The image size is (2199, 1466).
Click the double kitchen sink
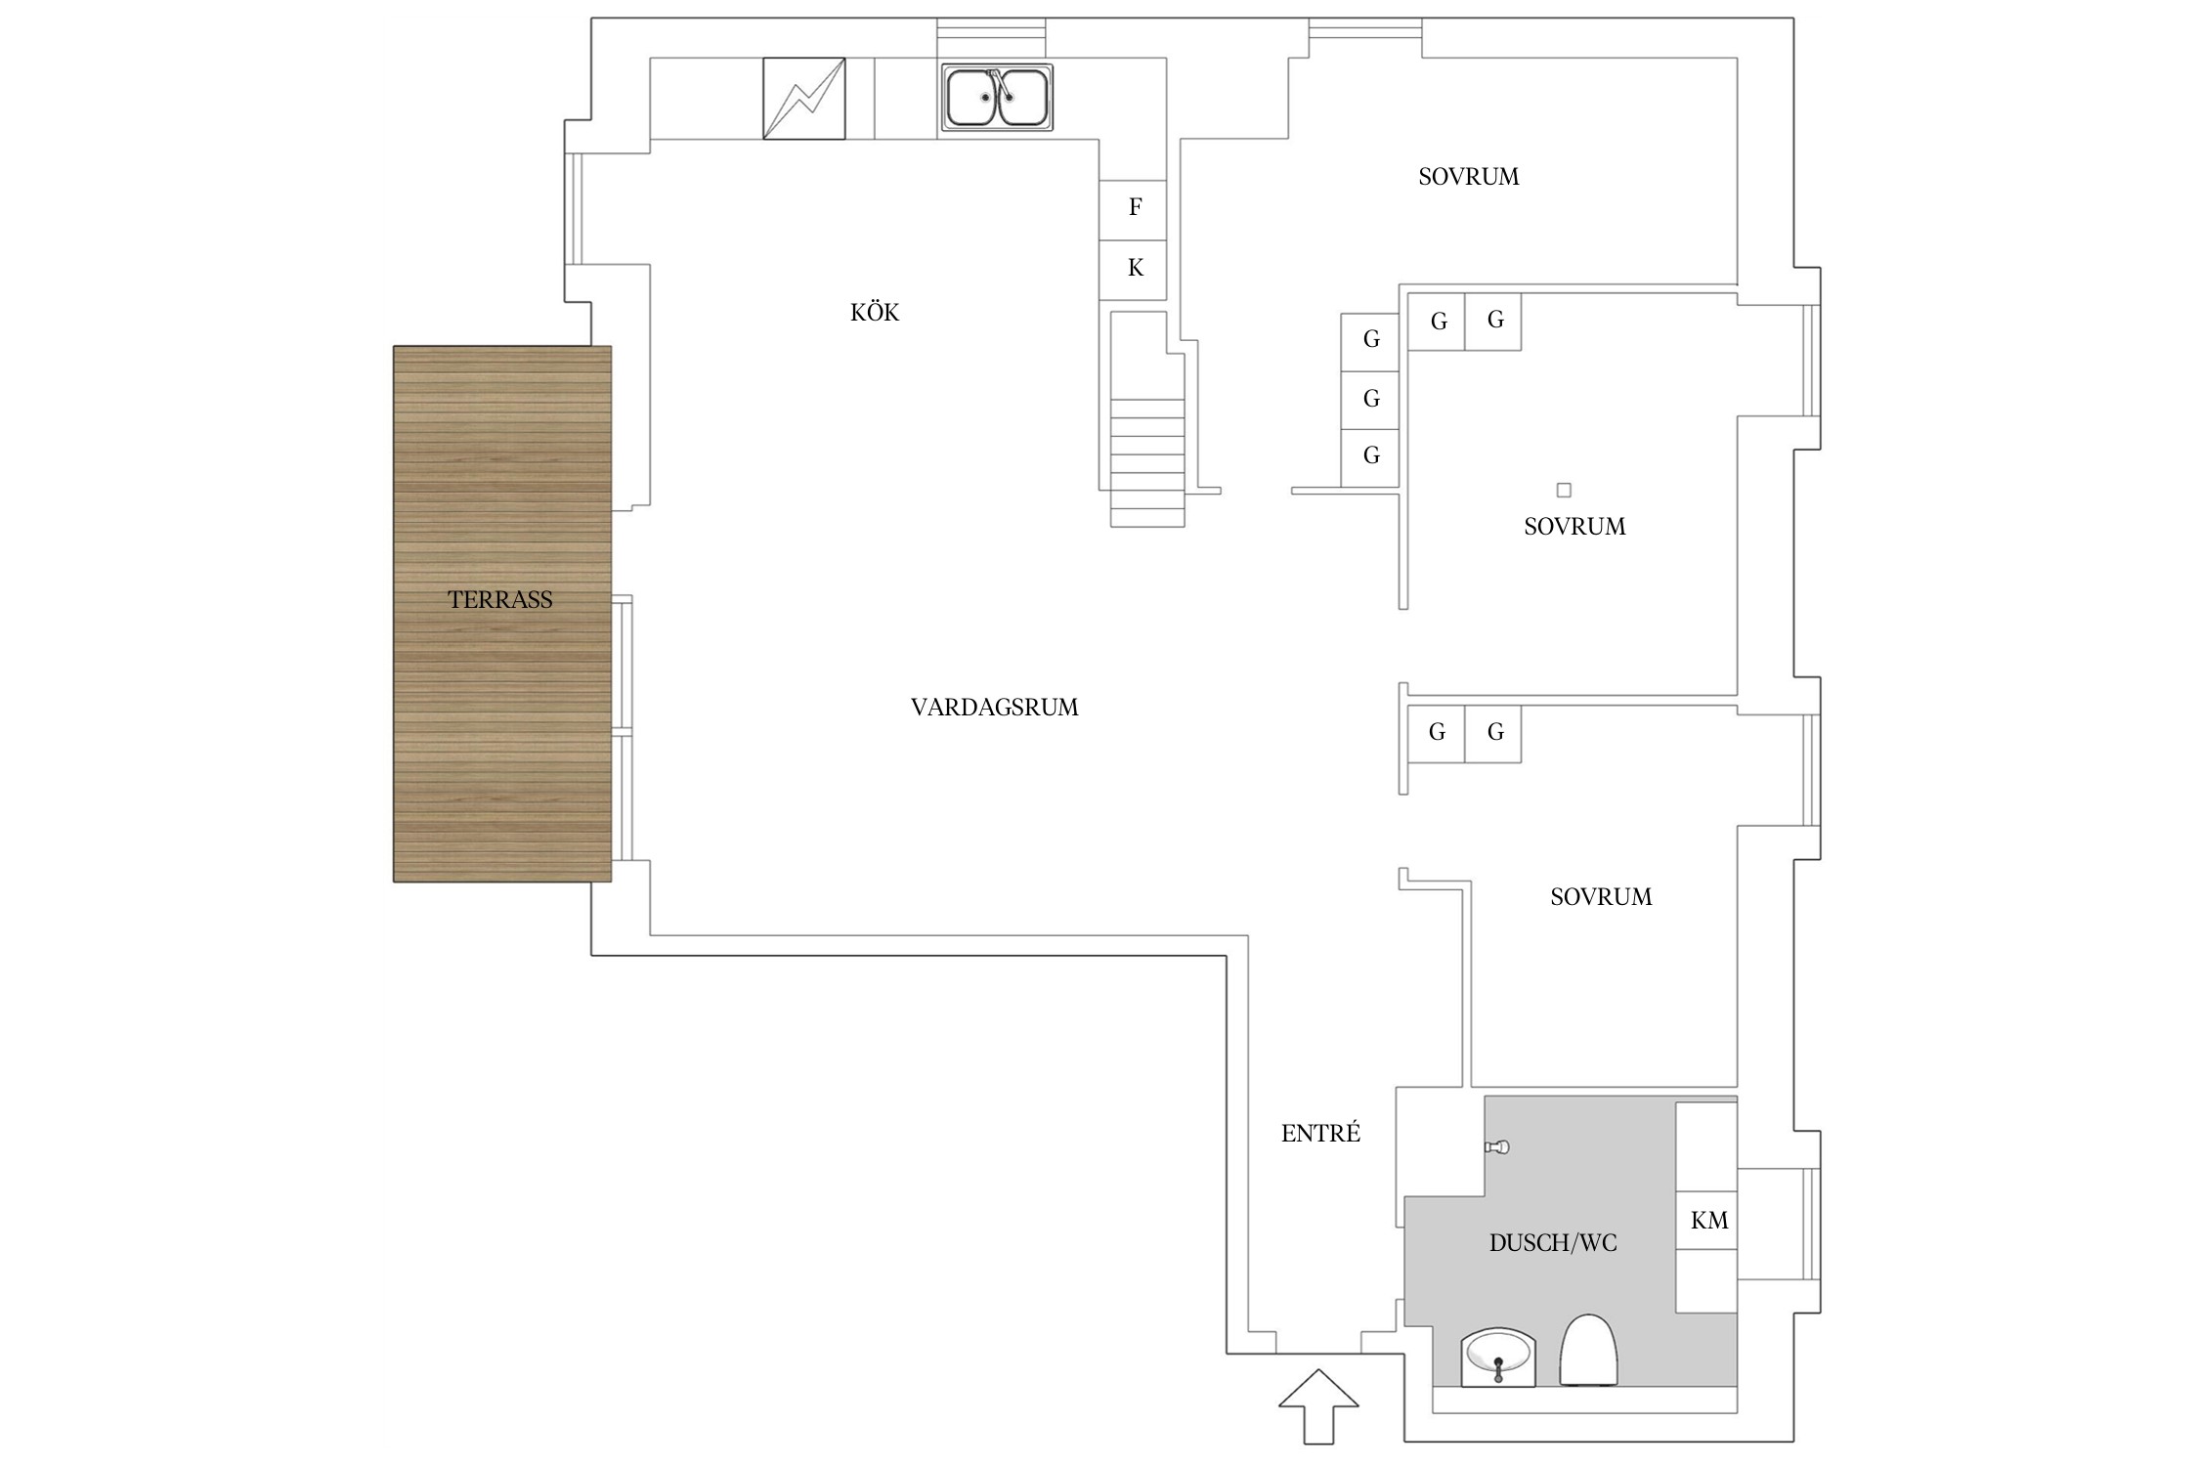(x=997, y=98)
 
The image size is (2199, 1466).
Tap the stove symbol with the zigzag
(x=804, y=99)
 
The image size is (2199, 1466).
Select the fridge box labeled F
(x=1133, y=210)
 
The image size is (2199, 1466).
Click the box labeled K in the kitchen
(x=1133, y=270)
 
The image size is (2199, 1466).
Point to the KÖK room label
(x=875, y=312)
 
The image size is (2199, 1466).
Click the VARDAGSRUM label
(x=995, y=707)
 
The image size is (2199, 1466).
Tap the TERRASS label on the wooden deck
(x=500, y=599)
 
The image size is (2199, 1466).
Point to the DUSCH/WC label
(x=1553, y=1242)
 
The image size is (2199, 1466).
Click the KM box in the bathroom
(x=1707, y=1220)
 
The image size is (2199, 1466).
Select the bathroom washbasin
(x=1498, y=1358)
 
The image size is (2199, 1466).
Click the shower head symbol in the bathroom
(x=1497, y=1146)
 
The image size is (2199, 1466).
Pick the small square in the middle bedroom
(x=1564, y=490)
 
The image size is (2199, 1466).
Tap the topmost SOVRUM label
(x=1469, y=177)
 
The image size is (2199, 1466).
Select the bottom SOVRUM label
(x=1601, y=896)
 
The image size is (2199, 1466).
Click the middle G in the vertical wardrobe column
(x=1370, y=399)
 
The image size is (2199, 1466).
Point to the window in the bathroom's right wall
(x=1811, y=1224)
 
